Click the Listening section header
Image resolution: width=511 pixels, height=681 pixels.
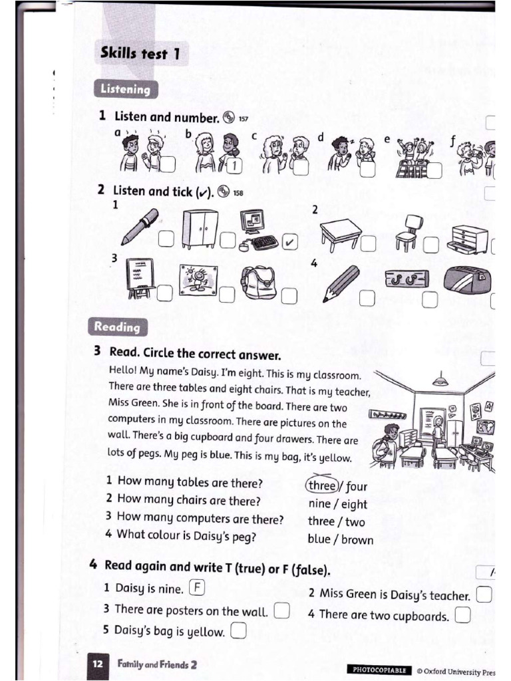125,89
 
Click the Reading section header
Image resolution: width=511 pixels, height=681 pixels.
117,327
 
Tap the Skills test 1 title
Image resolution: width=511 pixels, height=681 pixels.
140,53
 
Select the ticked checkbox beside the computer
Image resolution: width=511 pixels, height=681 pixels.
289,241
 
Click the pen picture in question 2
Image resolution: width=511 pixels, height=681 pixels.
140,227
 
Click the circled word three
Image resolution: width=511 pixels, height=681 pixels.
322,485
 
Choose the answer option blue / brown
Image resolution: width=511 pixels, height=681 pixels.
340,539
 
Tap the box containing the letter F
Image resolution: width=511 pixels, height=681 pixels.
198,587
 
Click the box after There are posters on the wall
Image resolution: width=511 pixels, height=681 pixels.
281,610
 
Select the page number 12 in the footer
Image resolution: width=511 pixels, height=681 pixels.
97,664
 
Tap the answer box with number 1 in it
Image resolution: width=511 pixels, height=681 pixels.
236,166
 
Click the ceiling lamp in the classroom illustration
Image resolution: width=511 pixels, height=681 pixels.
439,380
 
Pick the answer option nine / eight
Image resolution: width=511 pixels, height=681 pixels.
337,504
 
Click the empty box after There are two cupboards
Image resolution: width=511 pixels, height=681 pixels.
462,615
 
